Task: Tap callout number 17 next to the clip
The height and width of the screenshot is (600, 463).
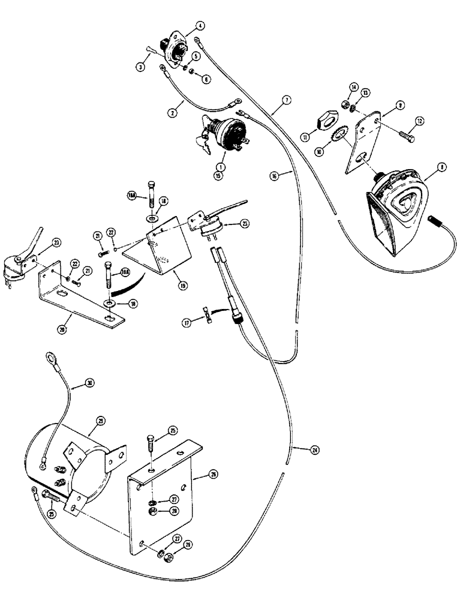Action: tap(188, 323)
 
